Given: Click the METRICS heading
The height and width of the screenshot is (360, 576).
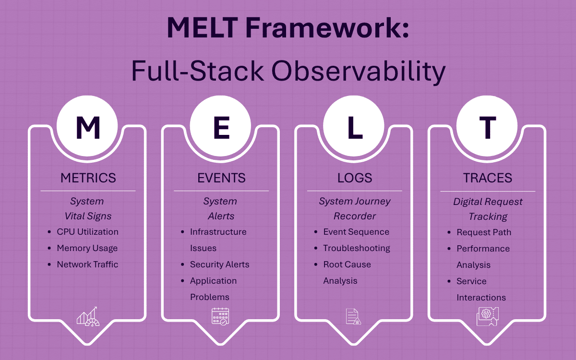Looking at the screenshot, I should (x=88, y=178).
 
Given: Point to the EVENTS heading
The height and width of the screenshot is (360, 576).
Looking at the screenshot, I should (x=221, y=178).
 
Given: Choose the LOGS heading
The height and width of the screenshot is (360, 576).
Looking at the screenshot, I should (x=355, y=178).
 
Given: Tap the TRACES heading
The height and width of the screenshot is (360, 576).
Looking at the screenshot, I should (x=488, y=178).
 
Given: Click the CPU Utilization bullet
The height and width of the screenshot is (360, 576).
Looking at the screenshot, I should (x=87, y=232).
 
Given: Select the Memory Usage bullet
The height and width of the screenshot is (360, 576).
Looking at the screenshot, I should (x=87, y=248).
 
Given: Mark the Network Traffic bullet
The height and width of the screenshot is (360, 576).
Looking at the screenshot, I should (x=87, y=264).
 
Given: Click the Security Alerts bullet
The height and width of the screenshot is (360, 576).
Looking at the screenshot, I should (x=219, y=264).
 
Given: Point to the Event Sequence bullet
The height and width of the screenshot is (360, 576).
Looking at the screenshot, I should (x=356, y=232).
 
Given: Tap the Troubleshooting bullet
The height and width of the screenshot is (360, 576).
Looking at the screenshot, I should (x=357, y=248).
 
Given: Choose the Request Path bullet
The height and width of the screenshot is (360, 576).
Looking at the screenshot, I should (x=484, y=232).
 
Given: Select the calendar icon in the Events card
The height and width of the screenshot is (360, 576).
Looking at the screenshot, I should (x=221, y=317).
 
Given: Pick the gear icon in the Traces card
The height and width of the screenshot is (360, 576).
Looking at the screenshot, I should (x=487, y=317).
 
